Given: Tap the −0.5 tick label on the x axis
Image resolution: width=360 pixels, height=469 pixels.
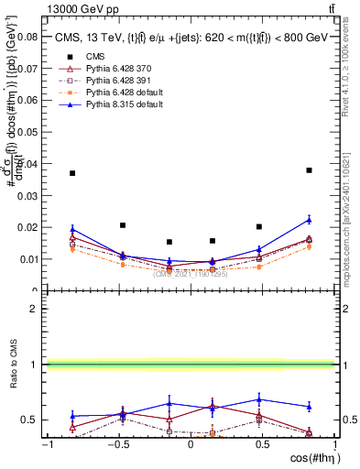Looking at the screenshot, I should point(116,444).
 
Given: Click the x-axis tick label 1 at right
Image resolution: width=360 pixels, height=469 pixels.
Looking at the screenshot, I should point(335,444).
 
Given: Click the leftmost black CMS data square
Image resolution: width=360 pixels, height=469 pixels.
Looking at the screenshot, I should point(72,173).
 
